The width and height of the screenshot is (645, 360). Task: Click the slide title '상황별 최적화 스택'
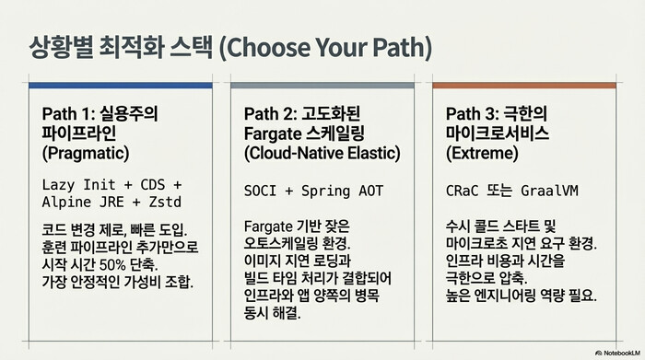(x=121, y=45)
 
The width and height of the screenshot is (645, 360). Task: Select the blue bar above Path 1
(x=121, y=86)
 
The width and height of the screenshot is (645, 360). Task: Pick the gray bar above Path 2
(x=322, y=86)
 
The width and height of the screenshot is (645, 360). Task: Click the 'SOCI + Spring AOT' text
(x=313, y=192)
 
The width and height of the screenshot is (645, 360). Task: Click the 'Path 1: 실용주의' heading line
(x=100, y=113)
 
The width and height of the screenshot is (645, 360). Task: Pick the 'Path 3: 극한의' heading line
(x=498, y=113)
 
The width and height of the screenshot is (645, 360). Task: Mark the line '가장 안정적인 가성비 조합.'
(x=118, y=282)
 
